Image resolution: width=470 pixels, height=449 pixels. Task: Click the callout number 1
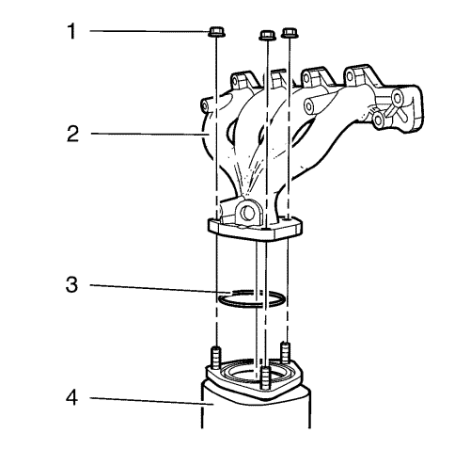(x=72, y=31)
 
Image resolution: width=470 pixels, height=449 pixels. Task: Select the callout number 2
(x=72, y=134)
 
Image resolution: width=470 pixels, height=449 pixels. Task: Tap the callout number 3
(x=71, y=284)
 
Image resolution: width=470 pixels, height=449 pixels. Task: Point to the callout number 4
(x=71, y=398)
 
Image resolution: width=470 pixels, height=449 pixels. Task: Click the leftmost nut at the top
(x=216, y=32)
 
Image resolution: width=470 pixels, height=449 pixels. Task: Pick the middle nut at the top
(x=267, y=35)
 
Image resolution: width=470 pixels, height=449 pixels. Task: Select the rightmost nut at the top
(x=290, y=33)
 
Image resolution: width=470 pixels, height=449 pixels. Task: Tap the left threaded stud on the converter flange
(x=216, y=358)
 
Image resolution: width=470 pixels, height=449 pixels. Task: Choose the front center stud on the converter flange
(x=265, y=377)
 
